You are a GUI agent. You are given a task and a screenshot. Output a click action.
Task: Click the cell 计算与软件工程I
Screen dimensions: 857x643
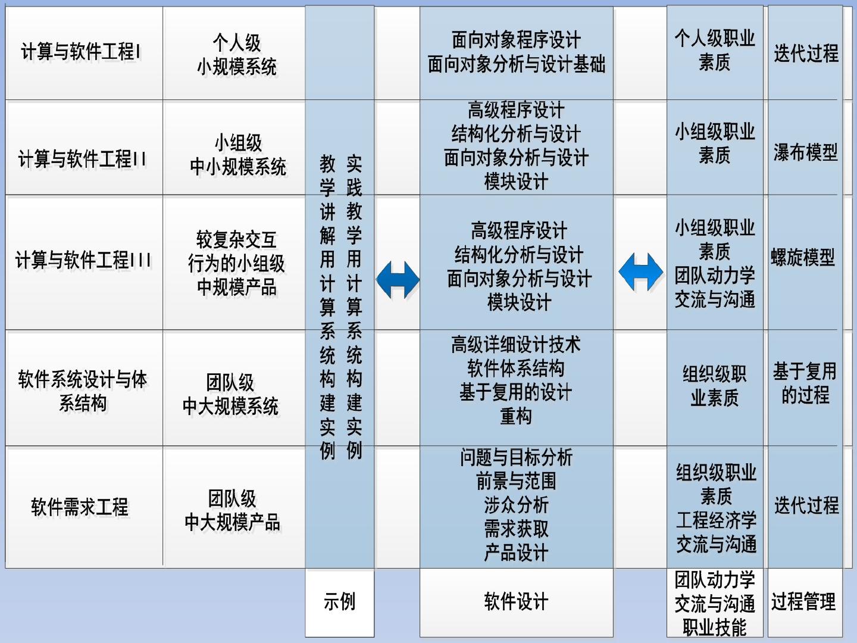(82, 52)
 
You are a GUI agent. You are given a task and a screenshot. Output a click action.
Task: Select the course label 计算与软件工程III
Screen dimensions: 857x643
(83, 260)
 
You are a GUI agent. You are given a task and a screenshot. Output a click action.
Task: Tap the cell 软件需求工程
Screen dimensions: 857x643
(80, 507)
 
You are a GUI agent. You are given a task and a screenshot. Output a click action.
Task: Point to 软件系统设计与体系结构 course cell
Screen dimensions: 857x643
(83, 391)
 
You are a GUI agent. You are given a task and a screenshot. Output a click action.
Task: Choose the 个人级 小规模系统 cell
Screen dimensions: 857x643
(237, 54)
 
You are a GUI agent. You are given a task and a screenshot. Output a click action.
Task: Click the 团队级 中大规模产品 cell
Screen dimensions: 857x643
(232, 510)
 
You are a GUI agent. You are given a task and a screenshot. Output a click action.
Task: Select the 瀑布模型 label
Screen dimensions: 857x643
(805, 152)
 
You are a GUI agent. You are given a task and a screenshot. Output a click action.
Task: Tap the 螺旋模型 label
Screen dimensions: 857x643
(803, 257)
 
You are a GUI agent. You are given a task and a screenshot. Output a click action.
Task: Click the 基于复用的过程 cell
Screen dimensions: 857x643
(805, 383)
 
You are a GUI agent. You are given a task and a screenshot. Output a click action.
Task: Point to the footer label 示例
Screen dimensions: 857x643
(339, 601)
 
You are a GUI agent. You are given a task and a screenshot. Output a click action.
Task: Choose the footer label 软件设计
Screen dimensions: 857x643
(516, 601)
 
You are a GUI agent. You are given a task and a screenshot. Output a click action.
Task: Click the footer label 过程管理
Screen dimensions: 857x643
(803, 601)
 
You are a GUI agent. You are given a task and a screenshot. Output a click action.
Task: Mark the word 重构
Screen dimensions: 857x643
(516, 416)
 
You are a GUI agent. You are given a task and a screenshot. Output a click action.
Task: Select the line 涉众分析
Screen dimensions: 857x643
(516, 505)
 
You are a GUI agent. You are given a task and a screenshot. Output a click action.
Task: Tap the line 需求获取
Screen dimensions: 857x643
(516, 529)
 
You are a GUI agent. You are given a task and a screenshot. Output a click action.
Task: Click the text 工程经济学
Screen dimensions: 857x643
(716, 520)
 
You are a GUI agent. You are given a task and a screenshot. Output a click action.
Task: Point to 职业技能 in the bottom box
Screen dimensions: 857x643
(715, 627)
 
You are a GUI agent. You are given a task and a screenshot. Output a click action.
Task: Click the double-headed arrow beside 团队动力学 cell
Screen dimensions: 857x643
(640, 271)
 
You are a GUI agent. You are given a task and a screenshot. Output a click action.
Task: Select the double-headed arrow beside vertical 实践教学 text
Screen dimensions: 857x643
(398, 279)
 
